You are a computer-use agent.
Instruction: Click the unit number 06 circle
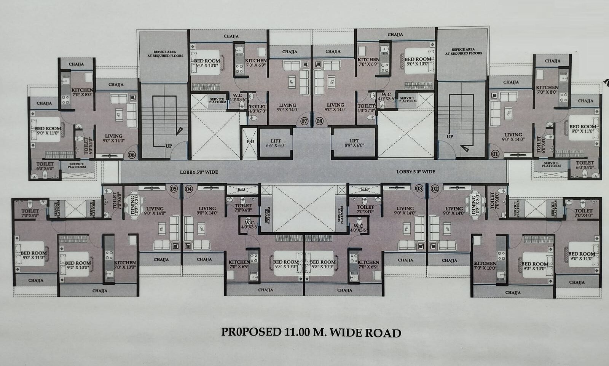pyautogui.click(x=132, y=155)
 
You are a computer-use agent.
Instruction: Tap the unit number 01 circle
pyautogui.click(x=495, y=154)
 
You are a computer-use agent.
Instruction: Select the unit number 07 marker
pyautogui.click(x=304, y=121)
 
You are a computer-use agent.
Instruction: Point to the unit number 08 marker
pyautogui.click(x=319, y=121)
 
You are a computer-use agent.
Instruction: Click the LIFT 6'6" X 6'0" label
pyautogui.click(x=276, y=143)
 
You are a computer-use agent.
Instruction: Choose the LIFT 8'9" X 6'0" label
pyautogui.click(x=354, y=143)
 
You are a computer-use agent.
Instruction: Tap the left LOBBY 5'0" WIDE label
pyautogui.click(x=199, y=172)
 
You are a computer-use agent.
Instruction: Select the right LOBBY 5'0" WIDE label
pyautogui.click(x=416, y=172)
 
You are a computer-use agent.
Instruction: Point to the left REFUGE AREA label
pyautogui.click(x=165, y=54)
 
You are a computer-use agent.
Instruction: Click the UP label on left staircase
pyautogui.click(x=169, y=146)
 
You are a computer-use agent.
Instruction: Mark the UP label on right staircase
pyautogui.click(x=450, y=136)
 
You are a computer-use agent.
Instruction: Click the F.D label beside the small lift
pyautogui.click(x=250, y=142)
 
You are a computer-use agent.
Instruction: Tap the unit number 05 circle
pyautogui.click(x=174, y=189)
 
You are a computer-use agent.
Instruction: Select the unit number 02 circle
pyautogui.click(x=435, y=189)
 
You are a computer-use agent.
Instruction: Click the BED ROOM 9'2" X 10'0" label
pyautogui.click(x=78, y=265)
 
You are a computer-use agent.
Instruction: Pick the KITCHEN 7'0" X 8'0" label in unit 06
pyautogui.click(x=82, y=92)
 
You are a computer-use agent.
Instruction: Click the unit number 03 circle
pyautogui.click(x=419, y=189)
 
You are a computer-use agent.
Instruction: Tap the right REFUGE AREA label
pyautogui.click(x=463, y=51)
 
